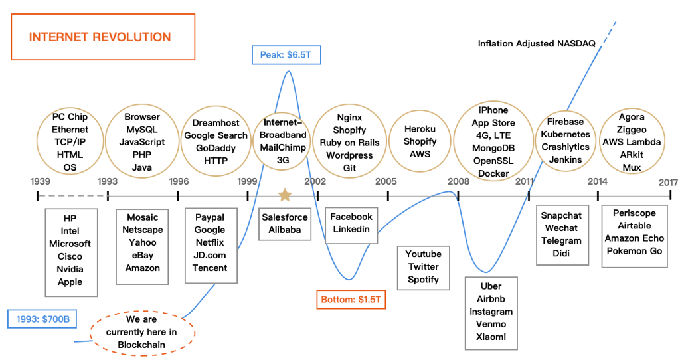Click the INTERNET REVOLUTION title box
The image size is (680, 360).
click(x=100, y=37)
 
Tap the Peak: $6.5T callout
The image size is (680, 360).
click(x=286, y=54)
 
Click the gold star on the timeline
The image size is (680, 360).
click(x=284, y=195)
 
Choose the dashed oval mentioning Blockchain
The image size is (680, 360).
click(x=141, y=332)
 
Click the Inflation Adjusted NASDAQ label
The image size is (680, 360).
click(x=537, y=44)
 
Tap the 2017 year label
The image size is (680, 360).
click(x=667, y=182)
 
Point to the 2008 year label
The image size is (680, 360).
click(x=458, y=181)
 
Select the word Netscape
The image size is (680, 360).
click(x=143, y=230)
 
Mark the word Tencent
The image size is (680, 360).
click(x=210, y=268)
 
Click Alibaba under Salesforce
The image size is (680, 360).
click(x=284, y=230)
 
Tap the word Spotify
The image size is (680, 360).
click(x=423, y=280)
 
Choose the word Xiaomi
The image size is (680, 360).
click(x=491, y=337)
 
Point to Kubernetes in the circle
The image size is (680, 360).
click(x=566, y=134)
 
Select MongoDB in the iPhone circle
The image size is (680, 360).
click(x=493, y=148)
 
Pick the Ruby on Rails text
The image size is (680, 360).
click(x=349, y=143)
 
